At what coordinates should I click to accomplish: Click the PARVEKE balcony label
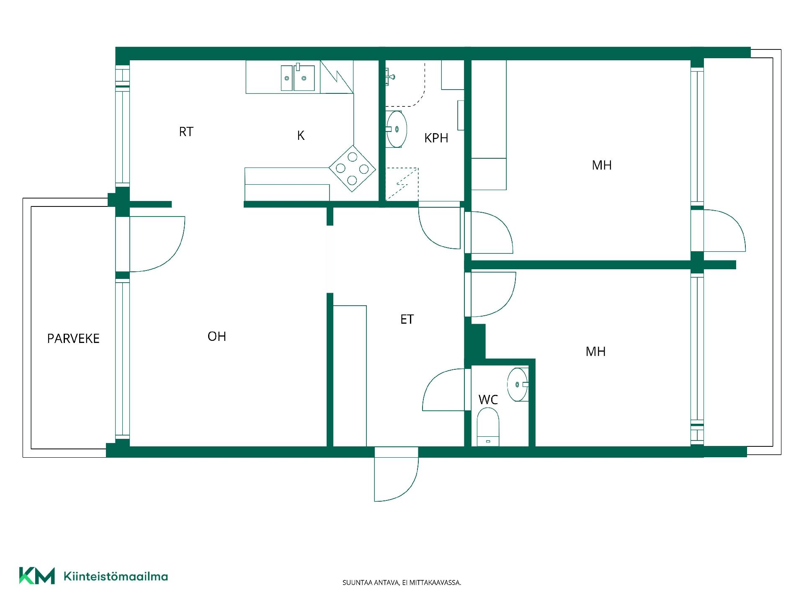(x=73, y=338)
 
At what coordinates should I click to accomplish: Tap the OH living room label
(x=217, y=336)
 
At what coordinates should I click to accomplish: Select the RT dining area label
(x=186, y=132)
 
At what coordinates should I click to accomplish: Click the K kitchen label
(x=301, y=135)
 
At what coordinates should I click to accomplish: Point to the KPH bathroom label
(x=436, y=138)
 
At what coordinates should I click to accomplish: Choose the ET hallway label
(x=407, y=320)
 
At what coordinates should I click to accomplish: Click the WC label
(x=488, y=399)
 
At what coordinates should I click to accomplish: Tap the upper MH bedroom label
(x=602, y=165)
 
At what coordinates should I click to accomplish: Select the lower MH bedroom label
(x=595, y=351)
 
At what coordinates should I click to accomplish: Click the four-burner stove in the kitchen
(x=352, y=168)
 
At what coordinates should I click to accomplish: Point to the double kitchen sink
(x=298, y=78)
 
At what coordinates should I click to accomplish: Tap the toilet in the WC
(x=488, y=427)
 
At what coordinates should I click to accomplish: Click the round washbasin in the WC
(x=518, y=384)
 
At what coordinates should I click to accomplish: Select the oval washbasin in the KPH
(x=396, y=129)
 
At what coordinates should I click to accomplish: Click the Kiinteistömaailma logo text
(x=116, y=576)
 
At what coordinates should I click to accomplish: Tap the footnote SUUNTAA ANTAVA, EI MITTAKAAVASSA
(x=402, y=582)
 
